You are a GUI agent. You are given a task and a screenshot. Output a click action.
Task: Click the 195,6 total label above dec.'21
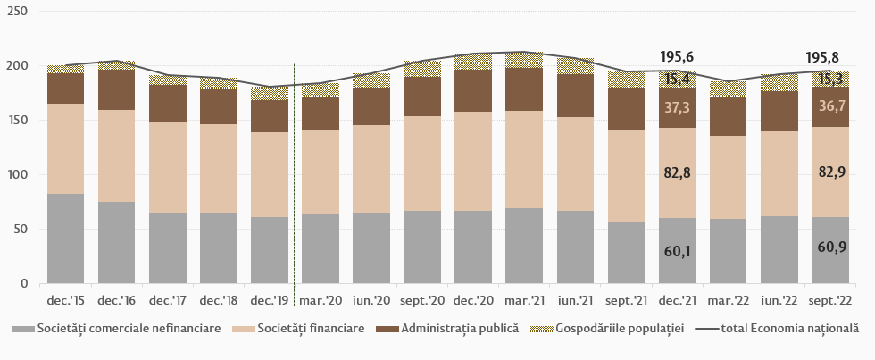tap(677, 56)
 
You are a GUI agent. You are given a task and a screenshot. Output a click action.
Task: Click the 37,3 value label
tap(677, 107)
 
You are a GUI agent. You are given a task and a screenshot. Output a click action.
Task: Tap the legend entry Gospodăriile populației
tap(620, 329)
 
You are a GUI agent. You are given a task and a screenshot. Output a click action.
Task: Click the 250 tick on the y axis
tap(17, 12)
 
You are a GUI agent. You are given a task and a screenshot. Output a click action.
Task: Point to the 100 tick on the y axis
tap(17, 175)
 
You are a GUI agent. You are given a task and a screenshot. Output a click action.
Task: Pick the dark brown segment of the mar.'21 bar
tap(524, 89)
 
